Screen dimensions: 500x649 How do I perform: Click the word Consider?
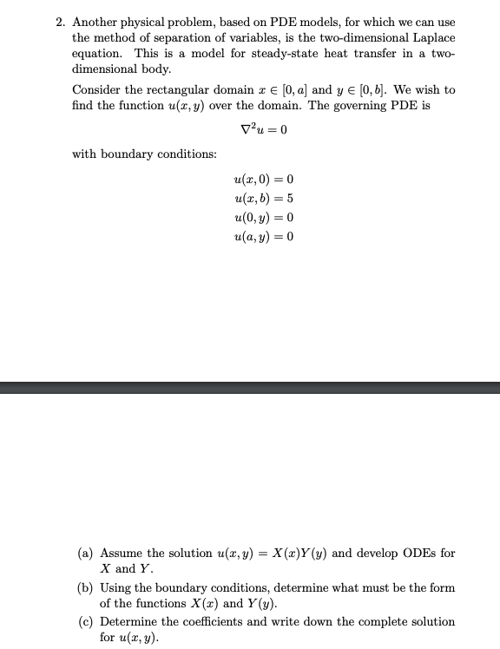pyautogui.click(x=99, y=89)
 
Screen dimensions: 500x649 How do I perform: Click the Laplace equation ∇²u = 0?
pyautogui.click(x=263, y=130)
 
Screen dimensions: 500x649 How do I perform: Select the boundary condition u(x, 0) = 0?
pyautogui.click(x=264, y=180)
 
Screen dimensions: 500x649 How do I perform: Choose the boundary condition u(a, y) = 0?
pyautogui.click(x=264, y=236)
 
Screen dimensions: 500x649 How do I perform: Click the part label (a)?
pyautogui.click(x=86, y=553)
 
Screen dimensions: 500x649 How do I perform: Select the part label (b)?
pyautogui.click(x=86, y=587)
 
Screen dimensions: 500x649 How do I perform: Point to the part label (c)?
pyautogui.click(x=86, y=622)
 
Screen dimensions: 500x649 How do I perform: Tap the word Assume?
pyautogui.click(x=121, y=553)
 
